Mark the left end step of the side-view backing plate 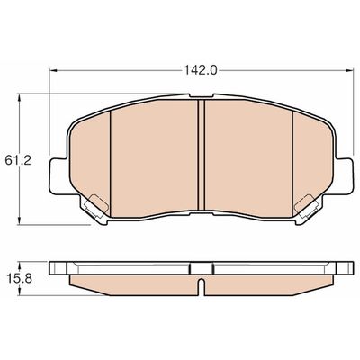pos(58,267)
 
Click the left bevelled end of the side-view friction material pos(78,282)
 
